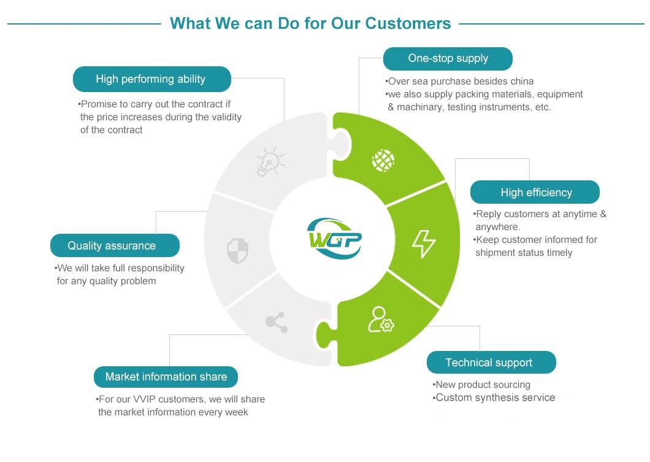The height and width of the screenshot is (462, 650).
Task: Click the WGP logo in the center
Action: pos(334,237)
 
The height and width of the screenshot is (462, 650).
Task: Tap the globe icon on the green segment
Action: pos(383,160)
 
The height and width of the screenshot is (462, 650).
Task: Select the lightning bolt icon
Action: pos(423,244)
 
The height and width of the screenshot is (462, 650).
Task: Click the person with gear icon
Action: pos(381,320)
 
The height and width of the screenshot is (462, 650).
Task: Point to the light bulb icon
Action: pos(270,162)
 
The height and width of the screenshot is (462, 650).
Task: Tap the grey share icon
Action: pos(277,322)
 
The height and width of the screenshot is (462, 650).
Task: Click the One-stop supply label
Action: pos(448,59)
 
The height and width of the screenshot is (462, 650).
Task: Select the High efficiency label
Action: pos(535,193)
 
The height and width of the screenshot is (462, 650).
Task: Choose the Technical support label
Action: pos(491,363)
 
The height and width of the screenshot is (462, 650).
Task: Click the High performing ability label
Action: pos(151,79)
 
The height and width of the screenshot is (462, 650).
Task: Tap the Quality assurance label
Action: pos(112,246)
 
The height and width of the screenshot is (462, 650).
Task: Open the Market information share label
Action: pos(166,377)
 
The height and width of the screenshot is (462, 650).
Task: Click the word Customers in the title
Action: pos(408,23)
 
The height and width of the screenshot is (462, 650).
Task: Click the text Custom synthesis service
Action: pos(495,398)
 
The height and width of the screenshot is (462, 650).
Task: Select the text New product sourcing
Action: pos(483,385)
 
